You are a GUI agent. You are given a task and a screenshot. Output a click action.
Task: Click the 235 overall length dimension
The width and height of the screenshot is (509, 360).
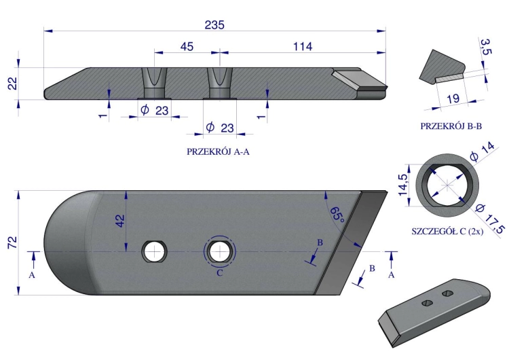(214, 24)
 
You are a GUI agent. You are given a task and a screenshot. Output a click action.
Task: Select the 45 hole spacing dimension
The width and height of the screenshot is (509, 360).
(187, 46)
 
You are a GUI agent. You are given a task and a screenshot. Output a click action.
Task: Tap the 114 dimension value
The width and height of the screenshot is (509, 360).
(303, 46)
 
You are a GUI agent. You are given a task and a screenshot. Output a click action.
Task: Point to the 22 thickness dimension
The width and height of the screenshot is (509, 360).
(12, 83)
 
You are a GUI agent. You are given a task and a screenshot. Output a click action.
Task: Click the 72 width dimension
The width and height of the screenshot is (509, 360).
(12, 242)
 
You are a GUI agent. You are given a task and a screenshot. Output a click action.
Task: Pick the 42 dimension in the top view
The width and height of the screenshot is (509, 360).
(119, 221)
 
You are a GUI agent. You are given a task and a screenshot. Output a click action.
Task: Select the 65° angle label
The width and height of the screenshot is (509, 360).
(337, 215)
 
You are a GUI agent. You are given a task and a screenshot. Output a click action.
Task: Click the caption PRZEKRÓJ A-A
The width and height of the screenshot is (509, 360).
(218, 151)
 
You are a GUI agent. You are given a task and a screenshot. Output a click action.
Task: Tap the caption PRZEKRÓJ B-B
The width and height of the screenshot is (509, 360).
(451, 126)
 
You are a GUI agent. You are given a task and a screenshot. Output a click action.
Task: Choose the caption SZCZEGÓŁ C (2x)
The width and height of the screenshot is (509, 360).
(447, 232)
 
